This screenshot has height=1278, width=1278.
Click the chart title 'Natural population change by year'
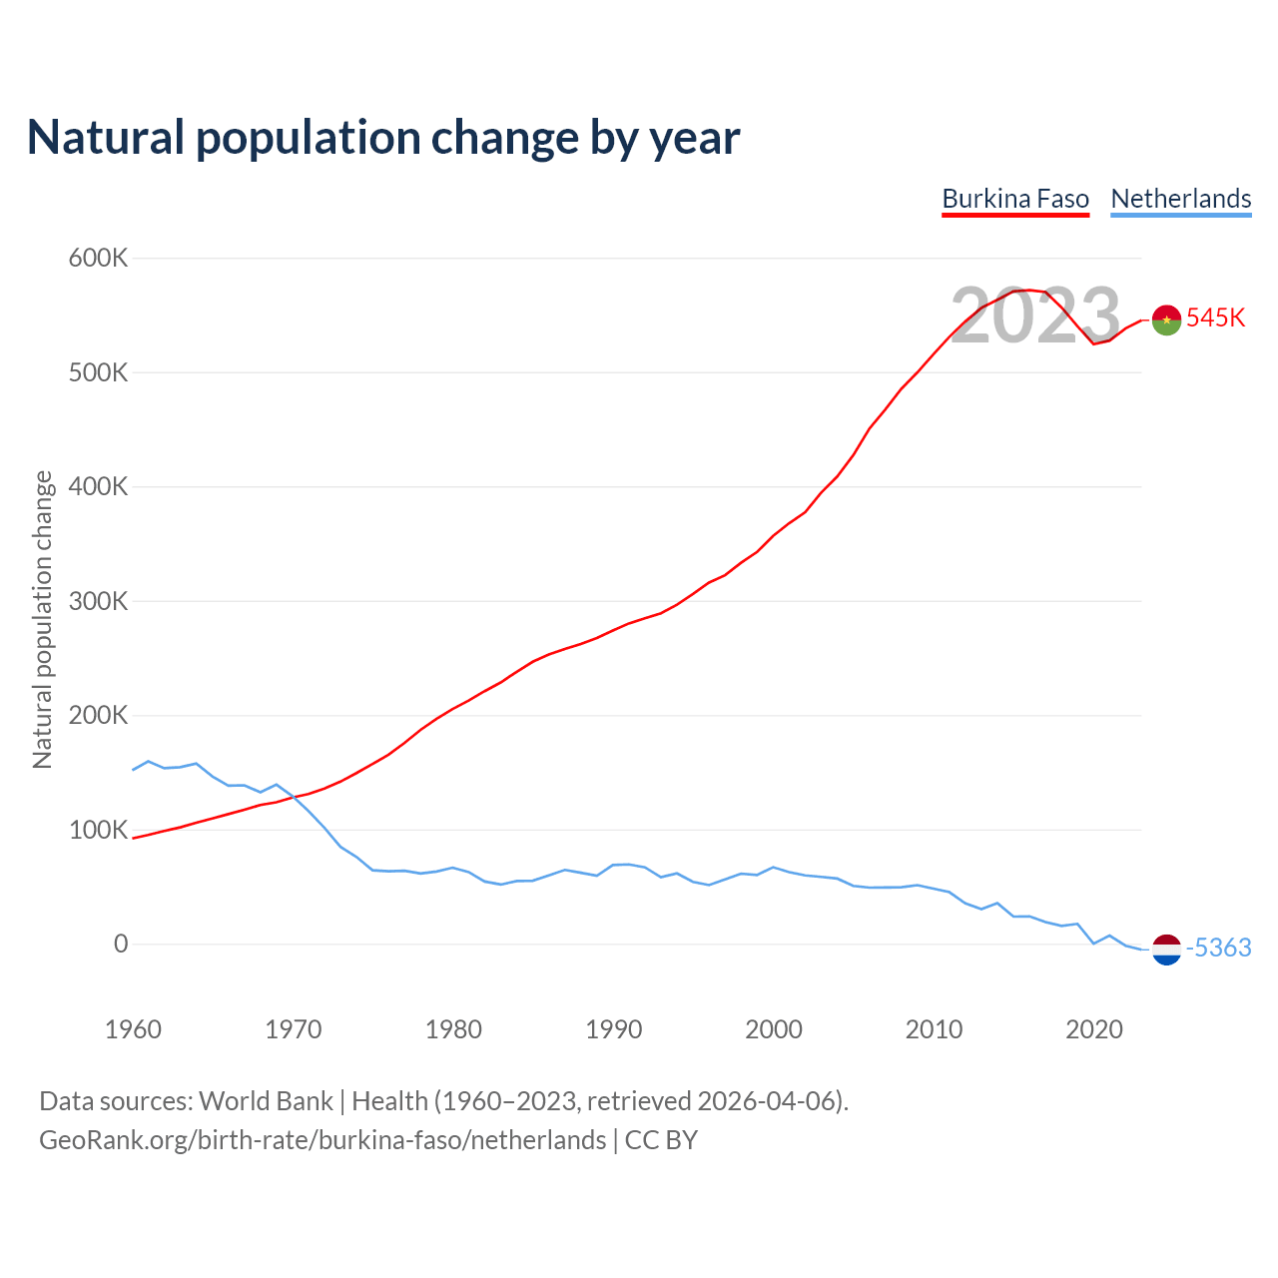tap(383, 138)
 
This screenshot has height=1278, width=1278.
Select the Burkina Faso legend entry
tap(1015, 199)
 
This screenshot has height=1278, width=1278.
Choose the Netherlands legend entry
tap(1181, 199)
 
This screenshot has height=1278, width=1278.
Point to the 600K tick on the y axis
tap(99, 259)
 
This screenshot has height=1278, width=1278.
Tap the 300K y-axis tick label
tap(99, 602)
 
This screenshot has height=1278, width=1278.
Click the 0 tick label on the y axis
tap(121, 945)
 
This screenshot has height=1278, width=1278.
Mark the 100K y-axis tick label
tap(99, 831)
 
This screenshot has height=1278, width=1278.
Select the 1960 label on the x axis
tap(133, 1029)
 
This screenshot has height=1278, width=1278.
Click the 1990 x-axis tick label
tap(613, 1029)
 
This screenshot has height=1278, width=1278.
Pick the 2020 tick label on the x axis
tap(1094, 1029)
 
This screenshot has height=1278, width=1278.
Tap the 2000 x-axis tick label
tap(774, 1029)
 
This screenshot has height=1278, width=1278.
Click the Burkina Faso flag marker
tap(1166, 319)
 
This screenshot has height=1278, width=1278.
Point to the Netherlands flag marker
tap(1166, 949)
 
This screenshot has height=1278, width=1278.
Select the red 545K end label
tap(1216, 319)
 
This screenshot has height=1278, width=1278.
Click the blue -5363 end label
tap(1218, 949)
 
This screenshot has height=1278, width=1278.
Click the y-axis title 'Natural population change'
tap(43, 620)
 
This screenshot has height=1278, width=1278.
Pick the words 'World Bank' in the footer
tap(266, 1101)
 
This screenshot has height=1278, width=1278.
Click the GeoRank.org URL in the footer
tap(322, 1140)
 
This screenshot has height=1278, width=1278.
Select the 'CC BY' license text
tap(661, 1140)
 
